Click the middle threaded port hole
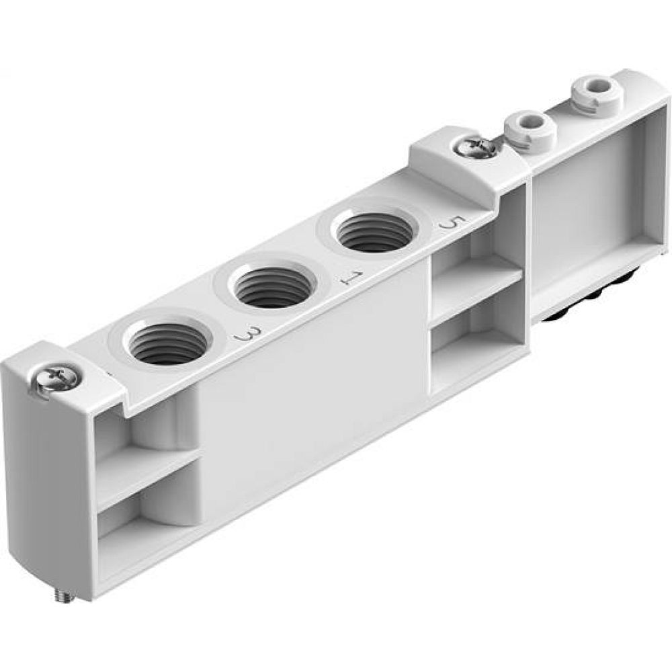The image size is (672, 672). [272, 285]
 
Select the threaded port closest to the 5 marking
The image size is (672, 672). [374, 233]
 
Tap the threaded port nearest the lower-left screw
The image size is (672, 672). [169, 343]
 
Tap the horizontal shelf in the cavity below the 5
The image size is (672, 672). [476, 287]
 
